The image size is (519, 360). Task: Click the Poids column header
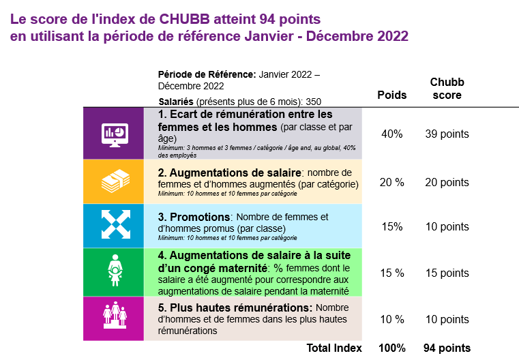[x=392, y=95]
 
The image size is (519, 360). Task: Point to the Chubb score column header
[x=447, y=89]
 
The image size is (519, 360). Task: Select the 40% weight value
[x=392, y=134]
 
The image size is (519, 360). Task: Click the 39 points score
[x=447, y=134]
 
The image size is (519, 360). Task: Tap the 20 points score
[x=447, y=182]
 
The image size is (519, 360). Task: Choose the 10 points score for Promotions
[x=447, y=226]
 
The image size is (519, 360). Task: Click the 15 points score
[x=447, y=273]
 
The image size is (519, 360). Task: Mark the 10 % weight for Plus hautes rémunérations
[x=392, y=319]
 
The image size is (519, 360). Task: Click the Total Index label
[x=334, y=348]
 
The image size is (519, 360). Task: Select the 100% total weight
[x=392, y=348]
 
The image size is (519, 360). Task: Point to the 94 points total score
[x=447, y=348]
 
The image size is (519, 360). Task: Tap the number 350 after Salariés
[x=314, y=102]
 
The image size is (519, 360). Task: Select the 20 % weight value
[x=392, y=182]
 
